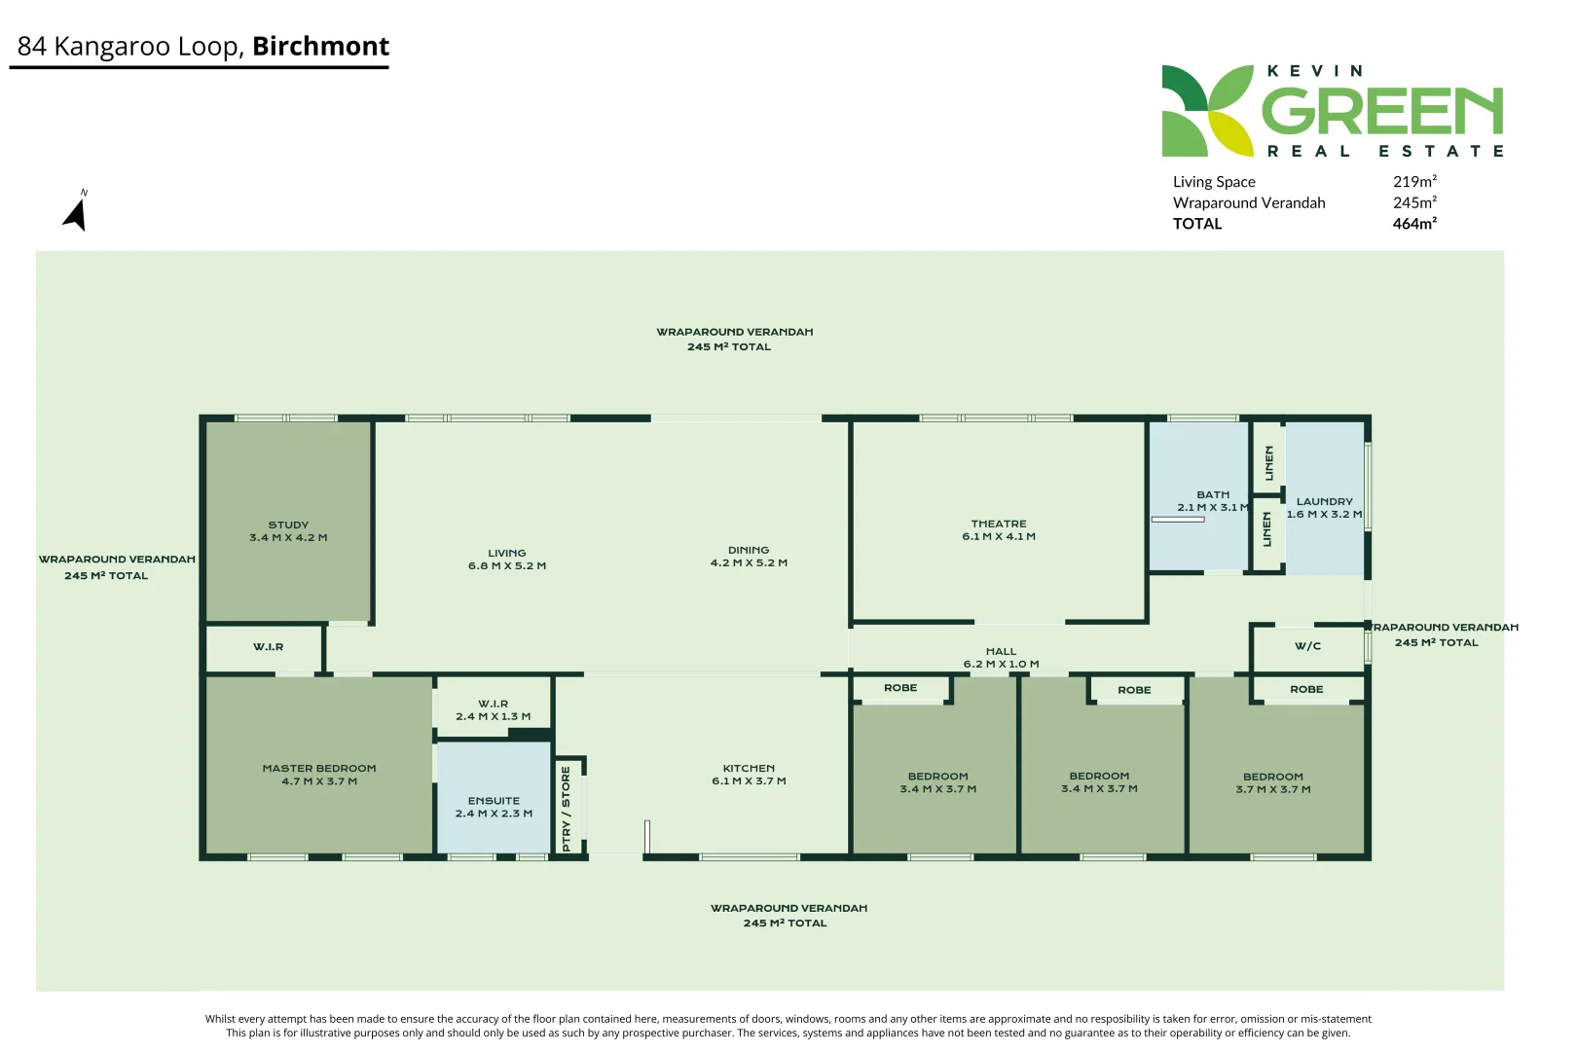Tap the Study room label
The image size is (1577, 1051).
click(288, 525)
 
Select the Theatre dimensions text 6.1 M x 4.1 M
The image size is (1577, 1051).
click(999, 536)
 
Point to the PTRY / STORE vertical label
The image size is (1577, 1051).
click(566, 809)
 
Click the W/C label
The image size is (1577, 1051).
click(1307, 646)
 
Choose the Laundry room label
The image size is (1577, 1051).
click(1324, 501)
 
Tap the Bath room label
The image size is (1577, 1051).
click(1213, 494)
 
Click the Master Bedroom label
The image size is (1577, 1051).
click(319, 768)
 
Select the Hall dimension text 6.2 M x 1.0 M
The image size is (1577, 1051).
click(1001, 665)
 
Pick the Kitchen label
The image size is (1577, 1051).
click(749, 768)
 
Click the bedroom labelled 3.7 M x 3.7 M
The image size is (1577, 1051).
click(1272, 783)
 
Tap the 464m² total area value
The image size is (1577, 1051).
click(1414, 224)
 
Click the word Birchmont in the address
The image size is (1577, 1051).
click(320, 46)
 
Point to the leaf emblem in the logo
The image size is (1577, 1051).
click(1207, 111)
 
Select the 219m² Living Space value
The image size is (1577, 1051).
click(1414, 182)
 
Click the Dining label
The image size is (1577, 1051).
click(749, 550)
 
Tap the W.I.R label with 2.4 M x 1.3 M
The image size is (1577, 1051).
click(493, 704)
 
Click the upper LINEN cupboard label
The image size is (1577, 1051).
click(1268, 463)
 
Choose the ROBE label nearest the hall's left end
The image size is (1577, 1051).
click(900, 688)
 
